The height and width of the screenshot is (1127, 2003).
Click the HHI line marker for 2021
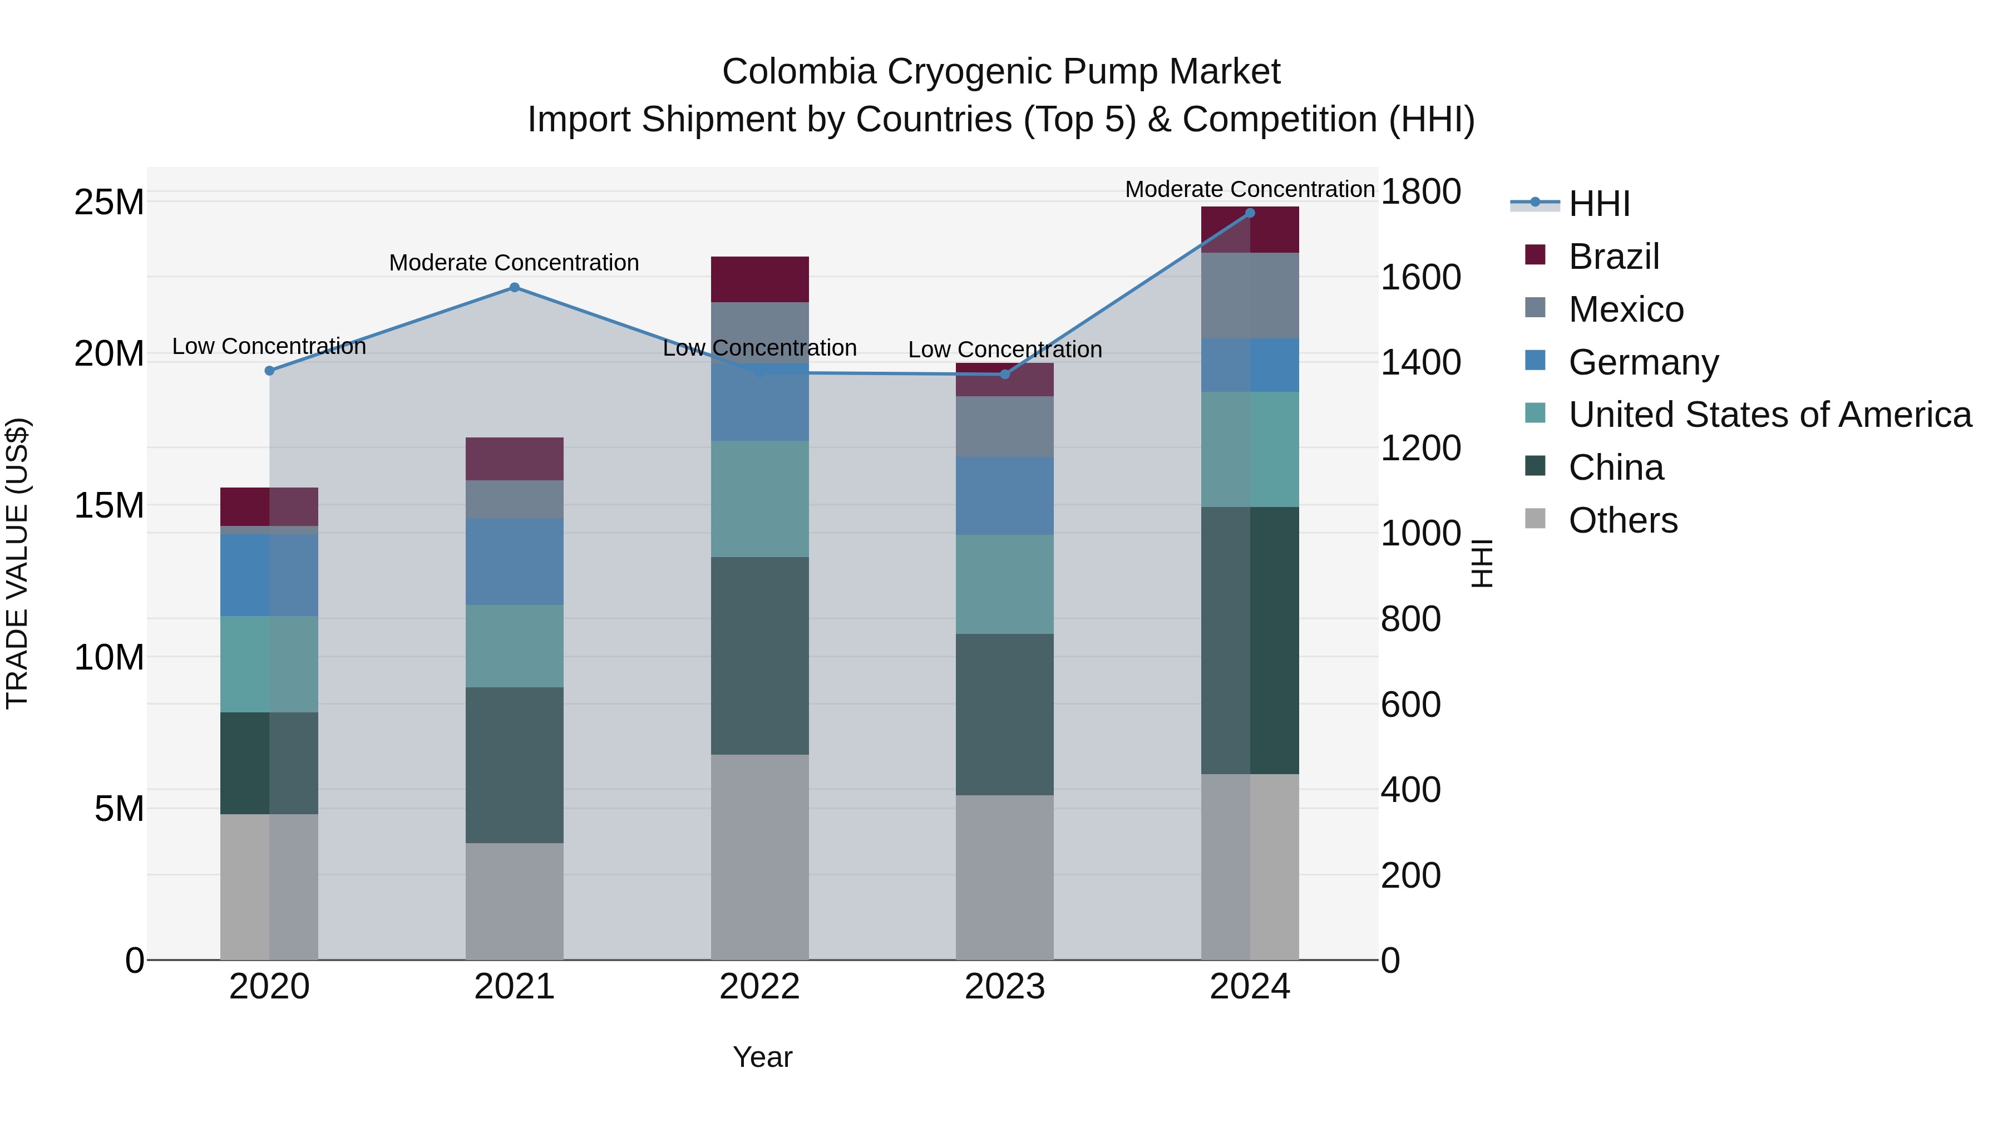click(514, 287)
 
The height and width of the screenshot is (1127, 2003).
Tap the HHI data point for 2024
click(1250, 213)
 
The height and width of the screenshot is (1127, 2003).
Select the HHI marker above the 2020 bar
click(269, 370)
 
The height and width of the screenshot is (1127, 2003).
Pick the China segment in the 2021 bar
click(514, 765)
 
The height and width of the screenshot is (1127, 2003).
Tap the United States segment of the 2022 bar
click(759, 499)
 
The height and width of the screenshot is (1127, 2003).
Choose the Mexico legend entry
click(1625, 309)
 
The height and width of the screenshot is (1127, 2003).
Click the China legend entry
click(1615, 467)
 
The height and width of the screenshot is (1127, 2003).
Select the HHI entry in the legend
click(1598, 204)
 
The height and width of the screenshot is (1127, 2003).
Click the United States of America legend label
click(1769, 415)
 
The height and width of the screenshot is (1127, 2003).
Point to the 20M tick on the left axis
click(109, 354)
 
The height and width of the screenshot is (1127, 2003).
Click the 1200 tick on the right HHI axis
click(1420, 448)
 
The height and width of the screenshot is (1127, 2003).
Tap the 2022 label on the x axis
click(759, 987)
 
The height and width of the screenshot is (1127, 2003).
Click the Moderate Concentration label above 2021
click(514, 263)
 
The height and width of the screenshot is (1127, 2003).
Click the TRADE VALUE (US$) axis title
click(17, 563)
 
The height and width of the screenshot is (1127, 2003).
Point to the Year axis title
click(762, 1057)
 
